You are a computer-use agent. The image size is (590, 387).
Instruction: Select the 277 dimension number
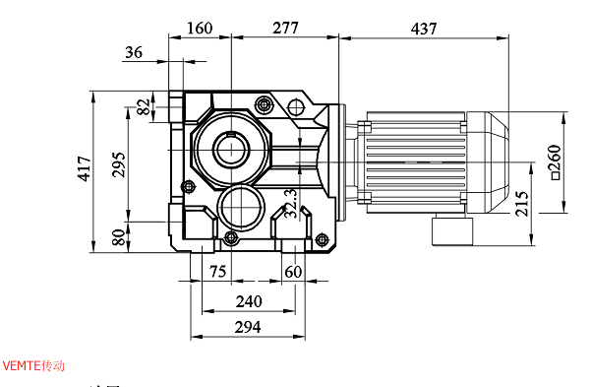click(x=284, y=29)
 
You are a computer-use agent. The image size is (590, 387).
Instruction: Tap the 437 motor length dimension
click(x=423, y=29)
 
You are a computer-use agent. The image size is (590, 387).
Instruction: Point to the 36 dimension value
click(x=135, y=53)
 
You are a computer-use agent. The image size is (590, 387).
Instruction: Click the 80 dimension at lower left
click(x=118, y=237)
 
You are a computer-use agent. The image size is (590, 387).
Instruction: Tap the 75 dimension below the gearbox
click(x=217, y=272)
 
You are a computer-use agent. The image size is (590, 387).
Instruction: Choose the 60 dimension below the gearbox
click(x=293, y=272)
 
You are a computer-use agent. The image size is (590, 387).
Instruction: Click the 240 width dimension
click(x=249, y=301)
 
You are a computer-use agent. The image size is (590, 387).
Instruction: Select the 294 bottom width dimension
click(x=249, y=327)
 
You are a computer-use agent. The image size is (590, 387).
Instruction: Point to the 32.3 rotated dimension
click(x=290, y=202)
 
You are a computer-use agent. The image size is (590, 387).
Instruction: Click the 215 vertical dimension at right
click(x=521, y=202)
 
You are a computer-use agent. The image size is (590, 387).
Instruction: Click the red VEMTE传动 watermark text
click(x=33, y=365)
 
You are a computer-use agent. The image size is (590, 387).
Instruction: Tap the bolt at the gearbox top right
click(x=263, y=104)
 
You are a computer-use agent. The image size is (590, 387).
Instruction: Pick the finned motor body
click(x=413, y=160)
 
